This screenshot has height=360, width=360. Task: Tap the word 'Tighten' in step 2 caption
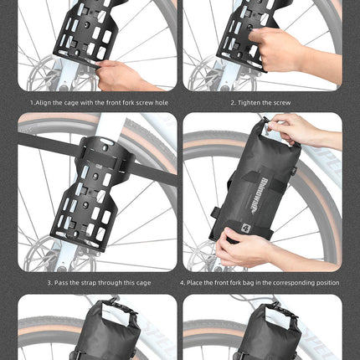click(249, 102)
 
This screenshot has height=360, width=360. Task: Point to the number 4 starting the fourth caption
click(182, 283)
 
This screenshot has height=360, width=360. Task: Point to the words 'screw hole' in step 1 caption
click(144, 102)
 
